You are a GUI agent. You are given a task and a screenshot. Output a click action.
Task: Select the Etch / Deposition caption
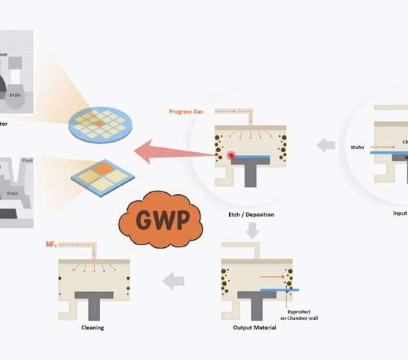[x=252, y=215]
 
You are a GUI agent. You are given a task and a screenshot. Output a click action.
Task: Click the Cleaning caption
[x=92, y=327]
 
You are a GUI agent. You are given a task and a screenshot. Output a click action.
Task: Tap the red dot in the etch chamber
[x=231, y=156]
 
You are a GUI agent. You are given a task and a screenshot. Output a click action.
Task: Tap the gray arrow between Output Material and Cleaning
[x=175, y=278]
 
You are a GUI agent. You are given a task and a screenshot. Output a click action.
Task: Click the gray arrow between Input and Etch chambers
[x=326, y=145]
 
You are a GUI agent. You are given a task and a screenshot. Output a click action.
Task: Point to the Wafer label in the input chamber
[x=358, y=147]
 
